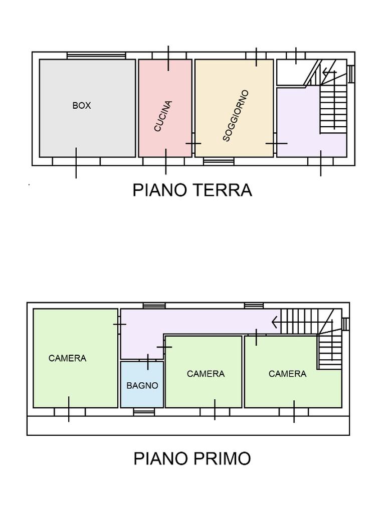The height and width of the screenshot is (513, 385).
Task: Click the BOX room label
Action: [82, 105]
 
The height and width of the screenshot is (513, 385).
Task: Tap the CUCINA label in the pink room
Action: [163, 116]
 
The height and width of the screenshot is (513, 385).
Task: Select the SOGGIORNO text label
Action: [236, 116]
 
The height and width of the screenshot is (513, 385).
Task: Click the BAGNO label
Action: [142, 385]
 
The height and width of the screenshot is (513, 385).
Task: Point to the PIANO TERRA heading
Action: [192, 190]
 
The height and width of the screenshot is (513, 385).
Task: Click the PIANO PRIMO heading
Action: [192, 458]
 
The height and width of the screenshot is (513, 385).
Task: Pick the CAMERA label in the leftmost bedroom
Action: [68, 358]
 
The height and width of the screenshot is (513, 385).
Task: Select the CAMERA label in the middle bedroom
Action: [206, 374]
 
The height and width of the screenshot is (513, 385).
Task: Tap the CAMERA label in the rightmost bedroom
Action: [287, 374]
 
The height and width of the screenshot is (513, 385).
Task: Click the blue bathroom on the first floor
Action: [142, 384]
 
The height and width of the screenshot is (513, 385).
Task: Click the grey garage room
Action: [87, 108]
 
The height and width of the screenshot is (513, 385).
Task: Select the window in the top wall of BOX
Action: [96, 56]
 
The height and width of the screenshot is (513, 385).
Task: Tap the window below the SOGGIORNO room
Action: [219, 161]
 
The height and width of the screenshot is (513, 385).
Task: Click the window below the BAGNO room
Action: [144, 412]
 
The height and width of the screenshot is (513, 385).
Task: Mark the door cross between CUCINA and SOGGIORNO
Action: [193, 143]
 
